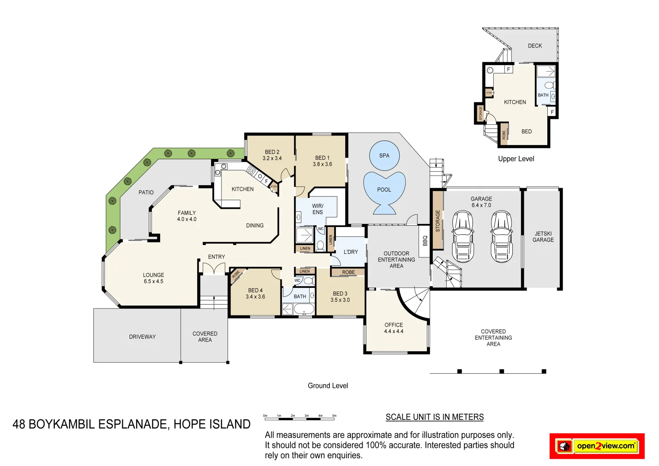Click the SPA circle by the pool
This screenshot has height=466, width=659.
click(x=384, y=156)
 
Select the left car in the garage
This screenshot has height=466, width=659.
click(x=463, y=236)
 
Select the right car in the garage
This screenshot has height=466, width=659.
click(x=501, y=236)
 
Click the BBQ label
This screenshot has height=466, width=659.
click(x=425, y=240)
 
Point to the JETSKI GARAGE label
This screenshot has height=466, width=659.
click(x=543, y=237)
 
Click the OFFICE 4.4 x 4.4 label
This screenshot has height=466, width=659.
click(x=394, y=328)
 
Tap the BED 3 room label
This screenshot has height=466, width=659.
click(x=340, y=296)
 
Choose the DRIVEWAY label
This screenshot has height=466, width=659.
click(x=142, y=337)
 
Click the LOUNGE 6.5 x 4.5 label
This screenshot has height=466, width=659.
click(x=154, y=278)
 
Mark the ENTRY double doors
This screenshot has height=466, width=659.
click(x=214, y=268)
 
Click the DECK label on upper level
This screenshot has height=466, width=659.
click(x=535, y=46)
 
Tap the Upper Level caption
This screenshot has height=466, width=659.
click(x=516, y=159)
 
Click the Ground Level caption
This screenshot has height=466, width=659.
click(x=328, y=386)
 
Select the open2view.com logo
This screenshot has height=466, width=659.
click(x=597, y=446)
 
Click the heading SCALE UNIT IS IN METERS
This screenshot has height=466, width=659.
click(x=434, y=417)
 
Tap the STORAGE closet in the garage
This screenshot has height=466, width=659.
click(x=438, y=220)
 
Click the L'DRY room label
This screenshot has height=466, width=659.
click(x=350, y=252)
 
